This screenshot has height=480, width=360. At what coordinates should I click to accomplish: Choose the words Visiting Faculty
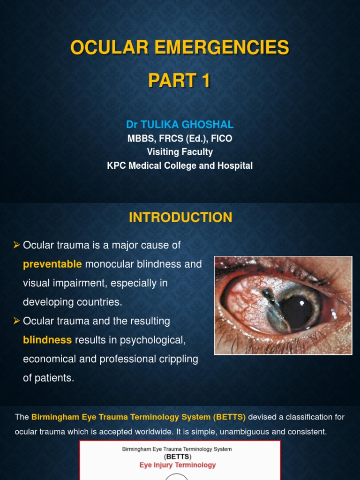[180, 152]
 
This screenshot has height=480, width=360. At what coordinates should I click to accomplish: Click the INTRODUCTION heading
[180, 217]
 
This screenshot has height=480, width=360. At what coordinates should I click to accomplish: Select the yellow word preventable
[52, 264]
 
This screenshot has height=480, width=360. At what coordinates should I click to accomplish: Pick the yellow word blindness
[47, 340]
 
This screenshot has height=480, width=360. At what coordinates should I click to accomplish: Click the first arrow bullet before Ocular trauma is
[17, 245]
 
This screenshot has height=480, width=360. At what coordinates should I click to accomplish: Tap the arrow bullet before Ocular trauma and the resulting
[17, 321]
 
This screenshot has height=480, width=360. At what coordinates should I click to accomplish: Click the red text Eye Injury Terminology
[178, 465]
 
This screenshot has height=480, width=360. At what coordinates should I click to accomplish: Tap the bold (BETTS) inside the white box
[178, 456]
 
